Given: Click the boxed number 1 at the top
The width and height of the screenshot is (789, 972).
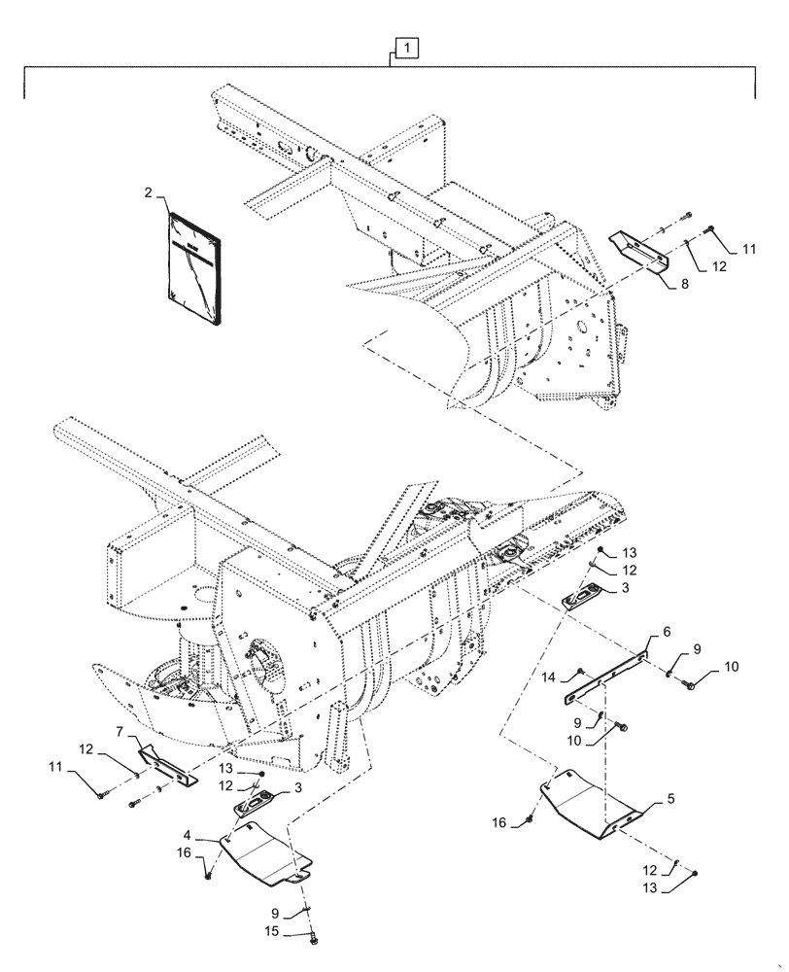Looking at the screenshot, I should pos(406,47).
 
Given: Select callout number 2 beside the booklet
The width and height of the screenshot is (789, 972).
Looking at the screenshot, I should pos(147,193).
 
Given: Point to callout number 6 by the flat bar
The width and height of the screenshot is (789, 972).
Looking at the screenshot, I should pos(667,632).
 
